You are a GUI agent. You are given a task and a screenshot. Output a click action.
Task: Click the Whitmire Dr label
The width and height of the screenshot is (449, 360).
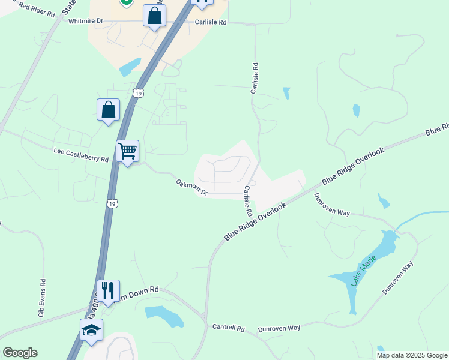pyautogui.click(x=86, y=21)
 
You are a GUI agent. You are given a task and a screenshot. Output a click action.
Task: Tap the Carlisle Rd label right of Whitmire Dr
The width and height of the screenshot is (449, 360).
pyautogui.click(x=210, y=22)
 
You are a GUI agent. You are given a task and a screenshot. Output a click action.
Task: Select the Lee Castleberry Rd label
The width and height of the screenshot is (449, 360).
pyautogui.click(x=80, y=155)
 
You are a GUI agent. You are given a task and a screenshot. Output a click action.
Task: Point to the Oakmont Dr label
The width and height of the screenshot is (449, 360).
pyautogui.click(x=191, y=187)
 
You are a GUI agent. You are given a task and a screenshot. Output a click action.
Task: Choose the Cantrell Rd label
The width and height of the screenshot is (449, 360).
pyautogui.click(x=229, y=328)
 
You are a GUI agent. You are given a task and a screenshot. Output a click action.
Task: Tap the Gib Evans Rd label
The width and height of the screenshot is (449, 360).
pyautogui.click(x=41, y=298)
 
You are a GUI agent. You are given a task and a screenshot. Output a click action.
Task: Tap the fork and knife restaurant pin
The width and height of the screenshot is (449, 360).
pyautogui.click(x=108, y=290)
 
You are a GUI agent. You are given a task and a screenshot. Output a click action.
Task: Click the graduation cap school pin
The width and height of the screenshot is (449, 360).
pyautogui.click(x=92, y=330)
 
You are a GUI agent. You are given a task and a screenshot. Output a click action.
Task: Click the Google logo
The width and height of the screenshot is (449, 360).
pyautogui.click(x=20, y=353)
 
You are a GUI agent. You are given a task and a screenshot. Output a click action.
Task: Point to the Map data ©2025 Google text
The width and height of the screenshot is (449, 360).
pyautogui.click(x=412, y=355)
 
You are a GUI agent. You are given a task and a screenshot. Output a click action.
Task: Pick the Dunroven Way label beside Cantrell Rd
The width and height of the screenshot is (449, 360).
pyautogui.click(x=279, y=328)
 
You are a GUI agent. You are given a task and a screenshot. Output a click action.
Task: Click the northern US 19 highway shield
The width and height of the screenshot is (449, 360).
pyautogui.click(x=139, y=94)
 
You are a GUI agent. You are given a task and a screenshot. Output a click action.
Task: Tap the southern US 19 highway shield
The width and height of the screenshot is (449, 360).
pyautogui.click(x=112, y=204)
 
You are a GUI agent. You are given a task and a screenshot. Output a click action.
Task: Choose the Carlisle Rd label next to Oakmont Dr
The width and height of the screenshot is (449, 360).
pyautogui.click(x=247, y=201)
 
